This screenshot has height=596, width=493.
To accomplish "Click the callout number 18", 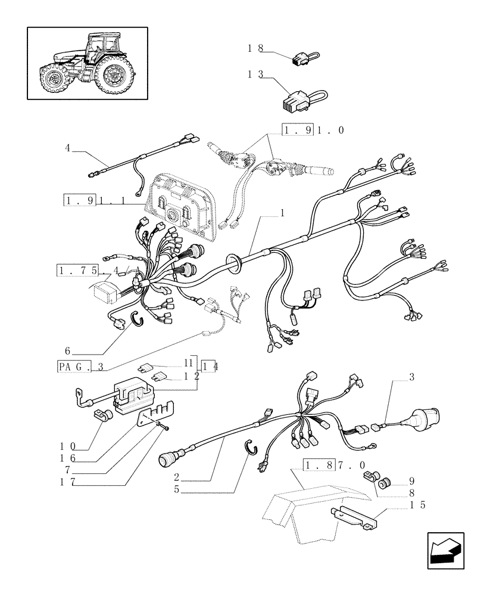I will coord(255,49).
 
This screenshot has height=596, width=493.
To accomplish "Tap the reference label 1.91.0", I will coord(313,130).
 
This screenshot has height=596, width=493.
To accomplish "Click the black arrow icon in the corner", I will coord(445,552).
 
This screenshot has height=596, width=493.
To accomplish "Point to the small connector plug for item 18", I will coord(300,58).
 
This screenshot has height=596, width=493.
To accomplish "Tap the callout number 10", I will coord(67,446).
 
